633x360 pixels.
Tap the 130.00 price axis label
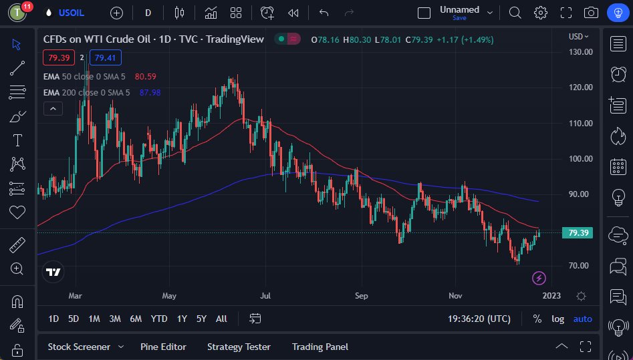click(x=580, y=51)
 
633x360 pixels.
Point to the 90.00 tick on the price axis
click(x=580, y=194)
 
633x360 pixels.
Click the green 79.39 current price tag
click(x=578, y=233)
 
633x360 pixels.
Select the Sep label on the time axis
click(x=362, y=295)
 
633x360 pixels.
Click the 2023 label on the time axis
click(x=551, y=295)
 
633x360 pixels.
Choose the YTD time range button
click(x=159, y=319)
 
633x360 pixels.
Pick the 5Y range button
click(x=201, y=319)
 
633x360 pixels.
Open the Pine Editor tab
click(x=163, y=347)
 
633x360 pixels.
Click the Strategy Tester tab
click(x=239, y=347)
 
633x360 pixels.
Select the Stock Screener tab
click(x=78, y=347)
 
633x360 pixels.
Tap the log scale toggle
click(x=557, y=319)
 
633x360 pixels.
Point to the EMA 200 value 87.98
click(x=150, y=92)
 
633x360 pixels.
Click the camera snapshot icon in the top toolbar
click(x=591, y=13)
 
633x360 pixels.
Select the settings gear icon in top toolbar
click(x=540, y=13)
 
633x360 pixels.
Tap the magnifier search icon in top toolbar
click(x=515, y=13)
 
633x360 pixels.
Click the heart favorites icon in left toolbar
click(x=17, y=212)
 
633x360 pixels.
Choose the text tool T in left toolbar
click(x=17, y=140)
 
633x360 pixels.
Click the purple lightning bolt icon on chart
click(x=539, y=278)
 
